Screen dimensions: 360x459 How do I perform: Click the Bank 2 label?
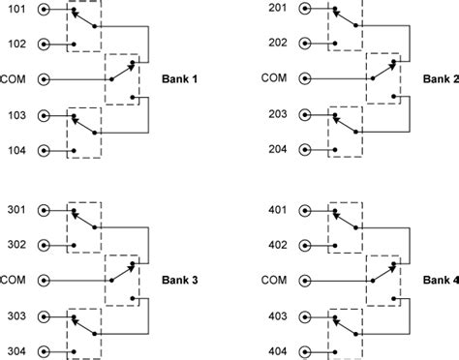pos(441,79)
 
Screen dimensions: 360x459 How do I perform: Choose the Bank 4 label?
pos(441,281)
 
